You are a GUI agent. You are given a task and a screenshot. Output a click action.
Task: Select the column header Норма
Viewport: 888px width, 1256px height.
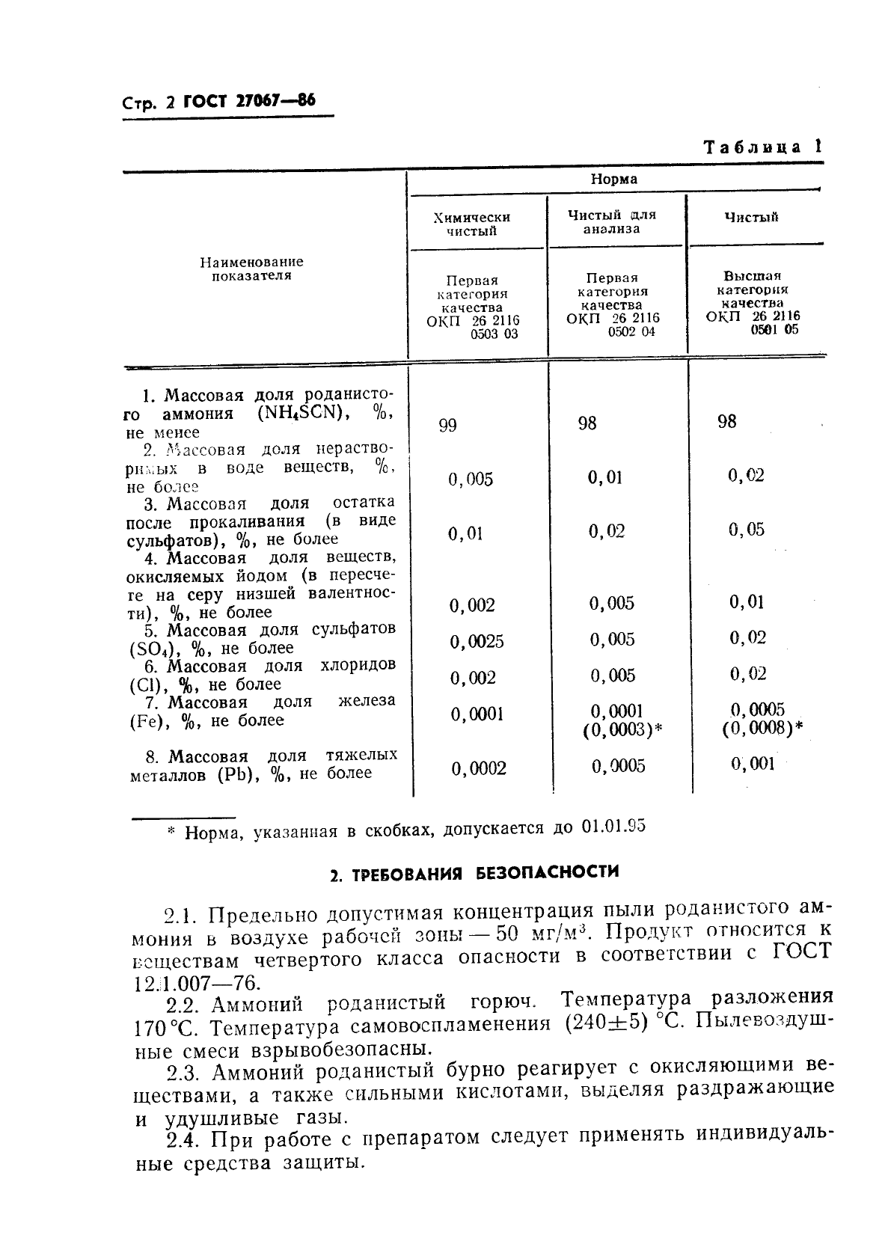613,180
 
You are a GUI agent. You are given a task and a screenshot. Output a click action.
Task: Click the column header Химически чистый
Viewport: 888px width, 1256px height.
472,224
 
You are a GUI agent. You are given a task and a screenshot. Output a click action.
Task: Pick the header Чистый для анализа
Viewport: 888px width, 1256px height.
611,222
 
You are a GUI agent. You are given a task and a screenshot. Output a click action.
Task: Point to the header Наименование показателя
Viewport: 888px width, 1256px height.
251,269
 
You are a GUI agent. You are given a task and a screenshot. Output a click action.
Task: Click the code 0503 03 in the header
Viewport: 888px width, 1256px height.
494,334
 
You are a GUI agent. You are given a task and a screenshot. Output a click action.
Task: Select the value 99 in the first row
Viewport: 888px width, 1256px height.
447,426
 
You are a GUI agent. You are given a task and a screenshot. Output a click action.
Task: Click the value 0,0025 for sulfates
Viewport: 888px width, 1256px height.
477,642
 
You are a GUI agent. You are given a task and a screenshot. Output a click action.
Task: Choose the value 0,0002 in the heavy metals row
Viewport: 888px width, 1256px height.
479,768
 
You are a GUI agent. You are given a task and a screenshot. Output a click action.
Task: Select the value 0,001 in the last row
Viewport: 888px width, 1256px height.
753,764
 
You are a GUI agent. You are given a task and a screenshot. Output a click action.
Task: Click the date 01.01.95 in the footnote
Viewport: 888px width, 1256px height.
613,827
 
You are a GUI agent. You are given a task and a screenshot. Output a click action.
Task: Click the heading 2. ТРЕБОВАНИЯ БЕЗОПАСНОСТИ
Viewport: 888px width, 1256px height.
475,873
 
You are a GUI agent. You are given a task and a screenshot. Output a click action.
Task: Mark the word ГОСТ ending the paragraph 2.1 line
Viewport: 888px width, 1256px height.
800,952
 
